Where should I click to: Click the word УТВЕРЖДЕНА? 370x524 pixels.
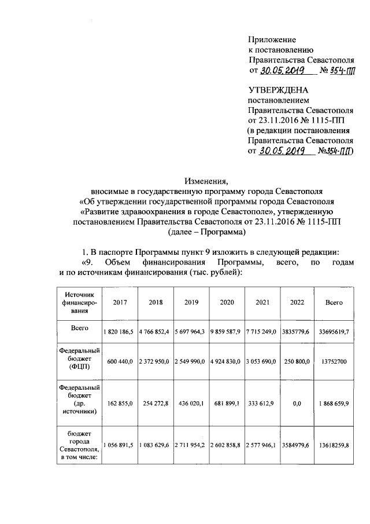tap(278, 90)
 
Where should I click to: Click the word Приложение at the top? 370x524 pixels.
tap(272, 40)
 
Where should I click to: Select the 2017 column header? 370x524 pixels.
tap(120, 302)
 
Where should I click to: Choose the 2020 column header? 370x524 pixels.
tap(227, 302)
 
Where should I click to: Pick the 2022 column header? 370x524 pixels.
tap(297, 302)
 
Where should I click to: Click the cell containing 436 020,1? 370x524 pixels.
tap(191, 403)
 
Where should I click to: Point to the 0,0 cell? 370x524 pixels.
tap(297, 403)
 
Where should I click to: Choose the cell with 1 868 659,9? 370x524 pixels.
tap(334, 403)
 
